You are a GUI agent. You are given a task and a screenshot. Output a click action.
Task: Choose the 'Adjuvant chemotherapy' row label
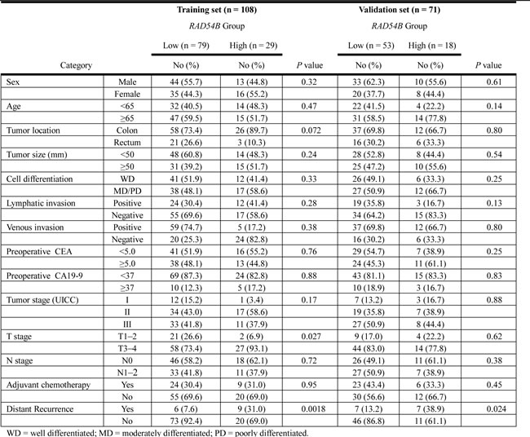tap(47, 395)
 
